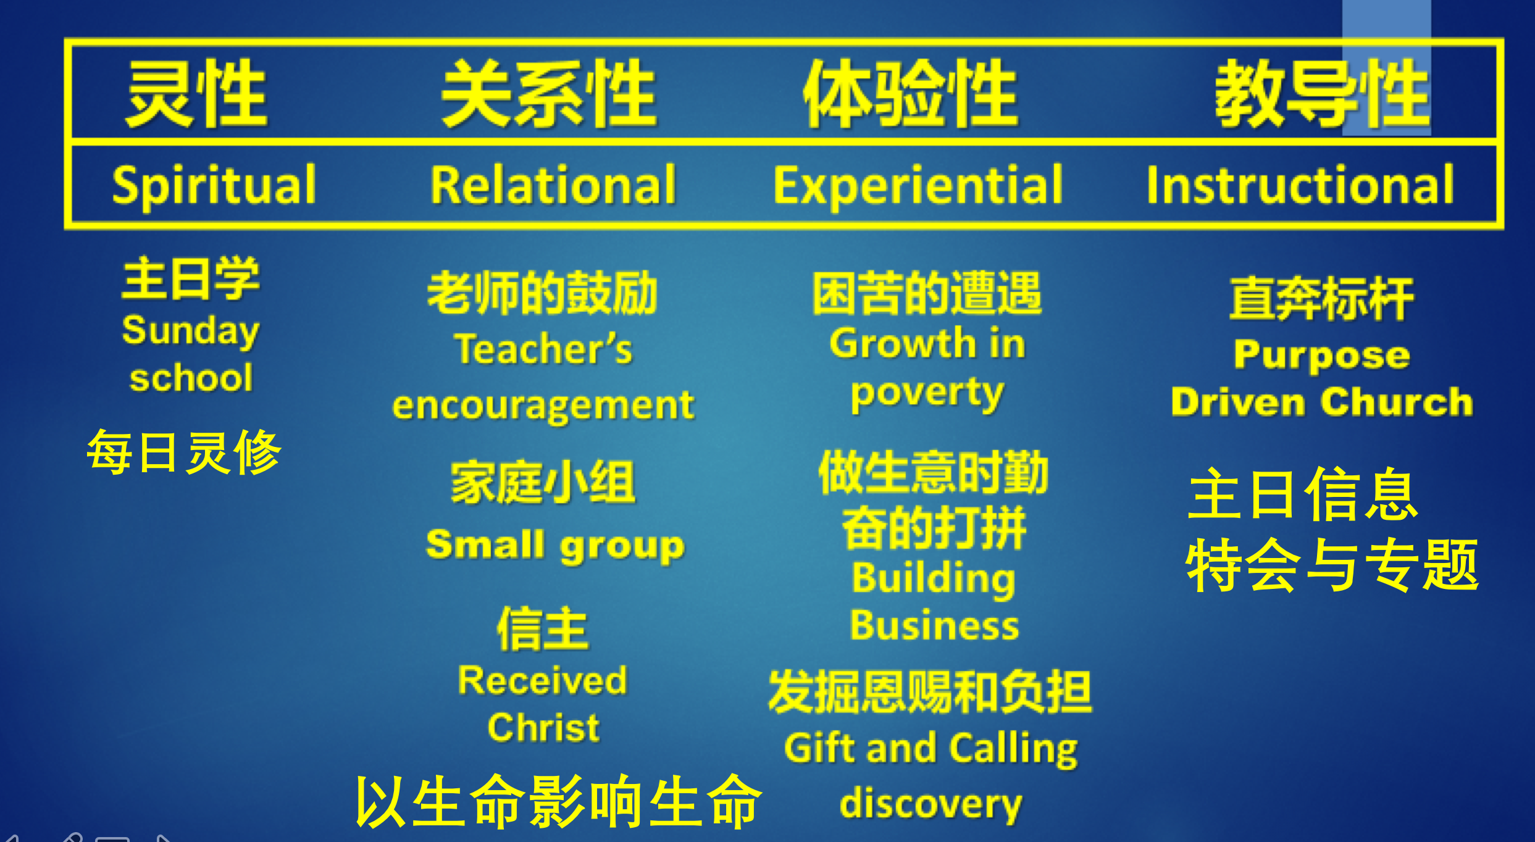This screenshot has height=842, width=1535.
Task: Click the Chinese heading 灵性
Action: pos(197,93)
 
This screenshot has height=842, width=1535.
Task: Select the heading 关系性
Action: pos(549,93)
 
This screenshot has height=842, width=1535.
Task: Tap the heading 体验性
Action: pos(910,93)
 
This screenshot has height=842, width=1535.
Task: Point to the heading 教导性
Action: pos(1322,93)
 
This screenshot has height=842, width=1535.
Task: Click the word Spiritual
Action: pos(214,185)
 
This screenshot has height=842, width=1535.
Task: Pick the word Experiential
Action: pos(918,185)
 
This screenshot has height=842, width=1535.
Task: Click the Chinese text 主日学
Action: pos(191,278)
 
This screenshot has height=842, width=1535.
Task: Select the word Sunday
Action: pos(191,331)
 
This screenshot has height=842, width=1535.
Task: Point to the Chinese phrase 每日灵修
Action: pos(184,452)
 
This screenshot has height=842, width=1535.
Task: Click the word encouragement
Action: pos(543,406)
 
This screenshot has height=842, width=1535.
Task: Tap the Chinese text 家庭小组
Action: pos(543,482)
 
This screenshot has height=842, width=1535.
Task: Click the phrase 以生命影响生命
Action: pos(559,801)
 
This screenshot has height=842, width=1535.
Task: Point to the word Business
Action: pos(934,625)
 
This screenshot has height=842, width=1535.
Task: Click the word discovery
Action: pos(931,804)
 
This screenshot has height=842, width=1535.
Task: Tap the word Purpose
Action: pos(1322,356)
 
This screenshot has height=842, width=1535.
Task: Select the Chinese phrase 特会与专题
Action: pos(1332,565)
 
